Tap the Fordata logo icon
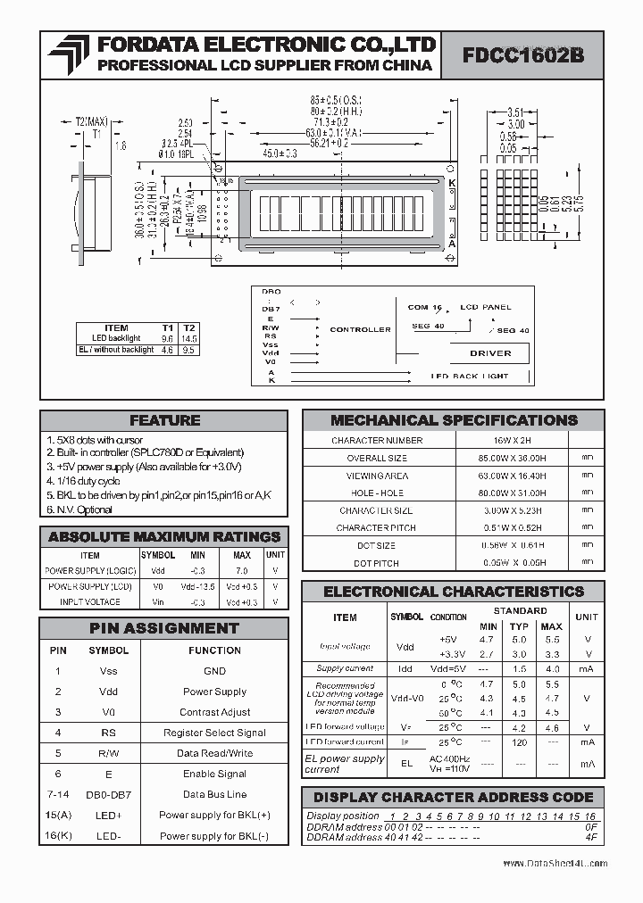(68, 55)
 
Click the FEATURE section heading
(164, 420)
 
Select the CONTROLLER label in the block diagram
(360, 329)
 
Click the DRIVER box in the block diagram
(490, 352)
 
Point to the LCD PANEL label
(486, 307)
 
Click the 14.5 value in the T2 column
(188, 338)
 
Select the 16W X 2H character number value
(512, 440)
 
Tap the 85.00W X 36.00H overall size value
(512, 458)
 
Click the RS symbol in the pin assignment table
(108, 733)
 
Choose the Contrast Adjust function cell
(214, 712)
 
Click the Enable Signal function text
(214, 774)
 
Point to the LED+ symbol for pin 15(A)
(108, 815)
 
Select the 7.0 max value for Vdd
(241, 569)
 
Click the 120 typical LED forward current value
(519, 741)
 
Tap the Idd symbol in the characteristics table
(405, 668)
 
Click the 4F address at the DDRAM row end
(590, 838)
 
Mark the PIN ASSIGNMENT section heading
(164, 628)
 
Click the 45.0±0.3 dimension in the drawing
(279, 153)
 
